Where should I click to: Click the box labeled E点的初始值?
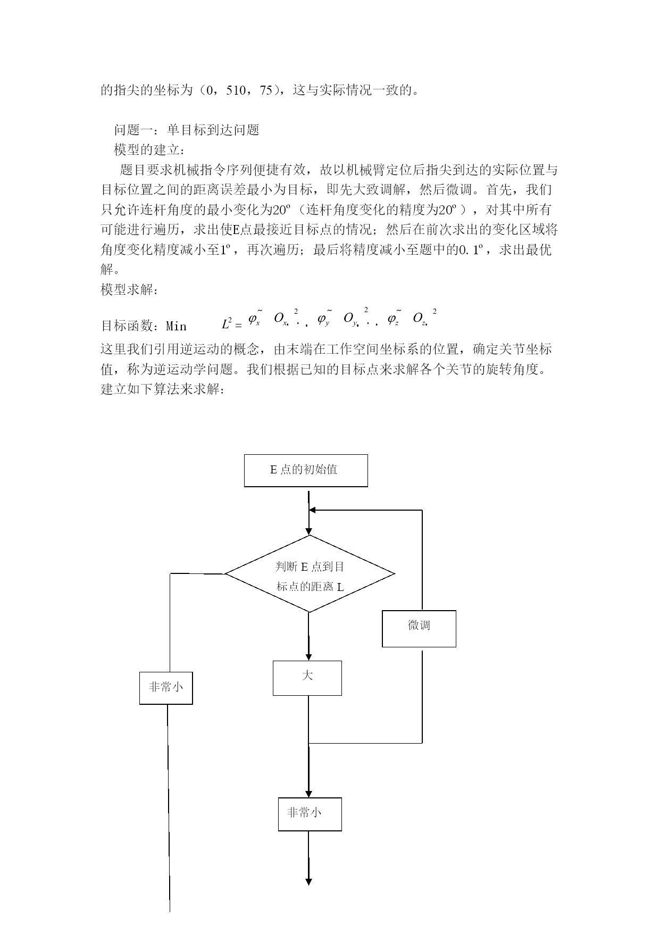pyautogui.click(x=306, y=470)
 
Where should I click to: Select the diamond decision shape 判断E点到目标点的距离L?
pyautogui.click(x=310, y=574)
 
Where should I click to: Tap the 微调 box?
pyautogui.click(x=419, y=628)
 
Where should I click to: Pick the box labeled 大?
pyautogui.click(x=307, y=678)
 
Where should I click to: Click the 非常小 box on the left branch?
pyautogui.click(x=166, y=688)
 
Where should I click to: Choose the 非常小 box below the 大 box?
pyautogui.click(x=310, y=814)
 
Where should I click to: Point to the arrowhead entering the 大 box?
pyautogui.click(x=308, y=657)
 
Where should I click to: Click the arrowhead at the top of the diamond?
pyautogui.click(x=308, y=531)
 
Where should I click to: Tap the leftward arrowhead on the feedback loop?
pyautogui.click(x=313, y=510)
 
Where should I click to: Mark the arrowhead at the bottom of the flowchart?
pyautogui.click(x=308, y=881)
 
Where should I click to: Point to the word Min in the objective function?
pyautogui.click(x=176, y=326)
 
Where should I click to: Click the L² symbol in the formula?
pyautogui.click(x=227, y=322)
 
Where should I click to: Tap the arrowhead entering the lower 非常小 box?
pyautogui.click(x=308, y=794)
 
